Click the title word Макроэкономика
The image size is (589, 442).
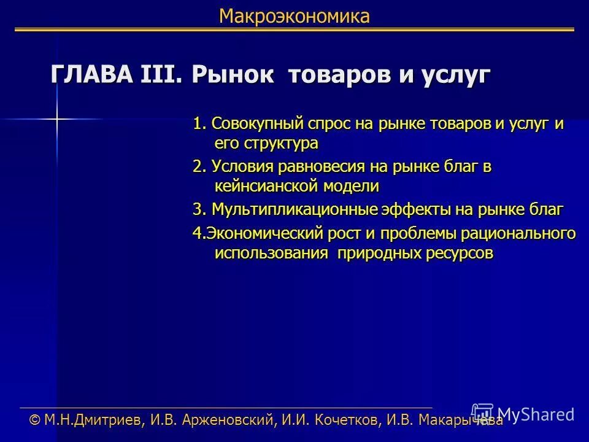(x=294, y=17)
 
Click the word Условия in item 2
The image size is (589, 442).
(x=242, y=166)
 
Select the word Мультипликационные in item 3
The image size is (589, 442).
(x=294, y=209)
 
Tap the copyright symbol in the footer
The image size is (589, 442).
(x=36, y=420)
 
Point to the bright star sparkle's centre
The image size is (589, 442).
(x=56, y=118)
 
